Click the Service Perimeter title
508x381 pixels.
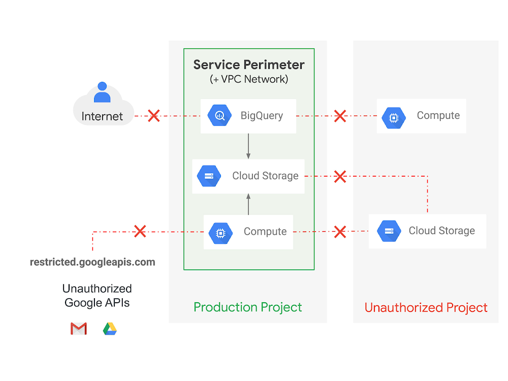click(249, 65)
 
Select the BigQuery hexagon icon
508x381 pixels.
click(220, 116)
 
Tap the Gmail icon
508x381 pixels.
click(79, 329)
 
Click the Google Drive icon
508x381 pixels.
click(110, 329)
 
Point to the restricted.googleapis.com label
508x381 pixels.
click(92, 262)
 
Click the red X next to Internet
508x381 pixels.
click(153, 116)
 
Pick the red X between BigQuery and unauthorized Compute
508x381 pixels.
click(340, 116)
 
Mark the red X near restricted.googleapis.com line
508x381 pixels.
click(140, 232)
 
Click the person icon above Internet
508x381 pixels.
click(102, 92)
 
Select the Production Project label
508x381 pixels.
click(248, 307)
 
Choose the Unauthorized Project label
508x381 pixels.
click(426, 307)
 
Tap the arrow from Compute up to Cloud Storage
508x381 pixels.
click(248, 204)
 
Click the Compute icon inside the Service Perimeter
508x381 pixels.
click(220, 232)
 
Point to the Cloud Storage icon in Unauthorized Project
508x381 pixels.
click(389, 231)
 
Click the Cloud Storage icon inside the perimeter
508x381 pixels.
click(209, 176)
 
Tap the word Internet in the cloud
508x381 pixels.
click(102, 116)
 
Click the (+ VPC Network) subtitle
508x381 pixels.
click(249, 79)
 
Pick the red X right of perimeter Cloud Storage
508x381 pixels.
click(340, 176)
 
